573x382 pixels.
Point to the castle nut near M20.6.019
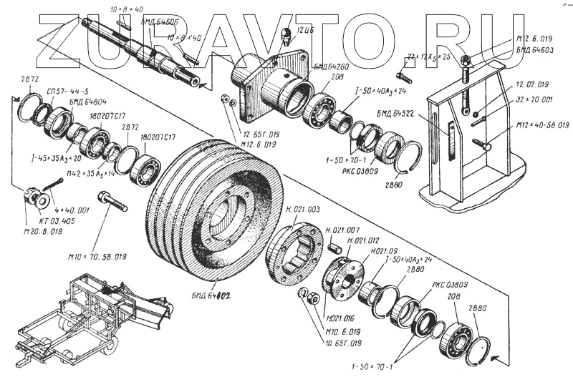click(x=32, y=195)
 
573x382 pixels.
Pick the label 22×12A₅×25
click(x=428, y=56)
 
